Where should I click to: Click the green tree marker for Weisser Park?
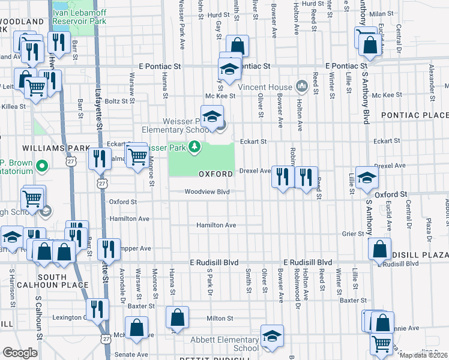[194, 146]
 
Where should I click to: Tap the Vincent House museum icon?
[301, 87]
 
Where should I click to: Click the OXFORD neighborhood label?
[215, 174]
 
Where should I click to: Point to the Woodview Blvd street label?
[207, 192]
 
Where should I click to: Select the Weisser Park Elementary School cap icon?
[212, 116]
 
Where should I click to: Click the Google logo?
[20, 352]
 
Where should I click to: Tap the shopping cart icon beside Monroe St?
[138, 156]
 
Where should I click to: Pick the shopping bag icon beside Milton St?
[178, 317]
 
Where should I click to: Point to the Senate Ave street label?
[133, 355]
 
